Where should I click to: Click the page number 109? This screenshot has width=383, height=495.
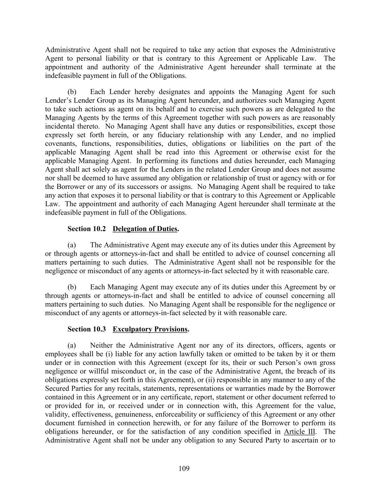(x=184, y=469)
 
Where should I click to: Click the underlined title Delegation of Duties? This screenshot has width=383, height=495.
(x=145, y=229)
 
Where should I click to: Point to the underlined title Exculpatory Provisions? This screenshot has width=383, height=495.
(x=150, y=329)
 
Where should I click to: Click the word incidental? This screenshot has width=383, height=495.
(x=60, y=126)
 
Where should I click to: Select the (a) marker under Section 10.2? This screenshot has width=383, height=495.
(x=72, y=245)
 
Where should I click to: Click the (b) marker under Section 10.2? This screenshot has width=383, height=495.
(x=72, y=287)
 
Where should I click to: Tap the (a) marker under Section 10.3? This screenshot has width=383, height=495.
(x=72, y=346)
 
